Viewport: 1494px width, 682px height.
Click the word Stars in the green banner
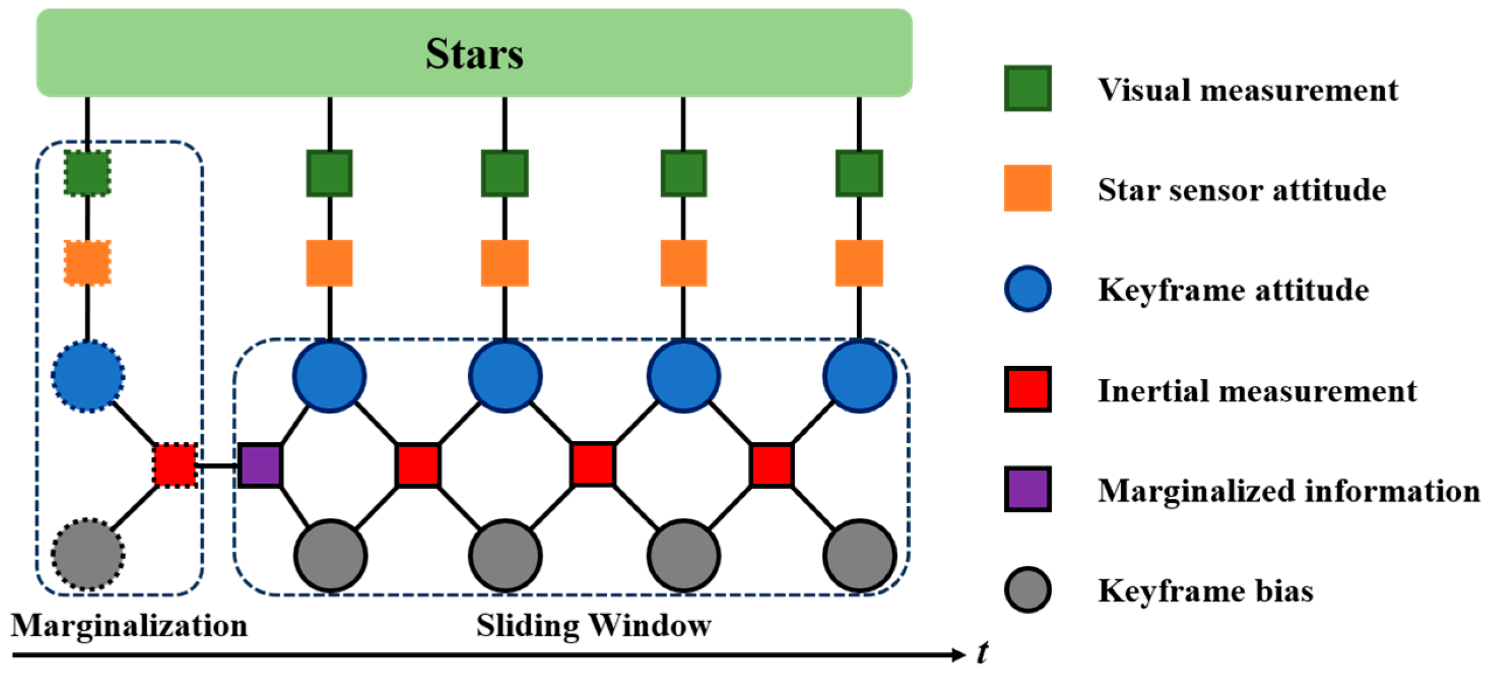click(x=474, y=54)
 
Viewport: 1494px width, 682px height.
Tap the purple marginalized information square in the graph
click(x=260, y=465)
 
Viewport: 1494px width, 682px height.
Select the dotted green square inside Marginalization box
click(x=87, y=173)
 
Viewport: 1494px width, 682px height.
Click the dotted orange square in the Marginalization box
click(x=87, y=263)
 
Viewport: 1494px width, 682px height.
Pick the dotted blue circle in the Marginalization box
click(x=88, y=376)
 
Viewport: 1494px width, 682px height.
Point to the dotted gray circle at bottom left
click(x=88, y=554)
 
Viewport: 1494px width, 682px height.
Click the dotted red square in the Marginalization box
click(x=175, y=465)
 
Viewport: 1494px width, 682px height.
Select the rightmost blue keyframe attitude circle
click(x=859, y=376)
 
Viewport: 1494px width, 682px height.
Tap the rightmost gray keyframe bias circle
click(x=859, y=555)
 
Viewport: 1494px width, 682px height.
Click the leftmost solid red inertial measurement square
click(x=417, y=465)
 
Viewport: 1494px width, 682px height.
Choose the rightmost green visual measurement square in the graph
click(x=858, y=173)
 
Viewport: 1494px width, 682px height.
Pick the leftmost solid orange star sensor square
click(x=329, y=263)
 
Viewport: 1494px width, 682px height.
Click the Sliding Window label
click(x=593, y=625)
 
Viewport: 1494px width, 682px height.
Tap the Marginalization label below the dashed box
click(x=129, y=625)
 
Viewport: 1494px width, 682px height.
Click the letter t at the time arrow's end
click(x=983, y=653)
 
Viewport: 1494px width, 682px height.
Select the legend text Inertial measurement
click(x=1256, y=390)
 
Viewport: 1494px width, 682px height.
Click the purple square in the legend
click(x=1028, y=489)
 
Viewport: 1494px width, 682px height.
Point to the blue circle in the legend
click(x=1028, y=289)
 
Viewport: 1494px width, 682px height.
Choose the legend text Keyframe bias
click(x=1205, y=590)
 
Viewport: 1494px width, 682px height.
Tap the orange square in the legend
click(x=1028, y=188)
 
